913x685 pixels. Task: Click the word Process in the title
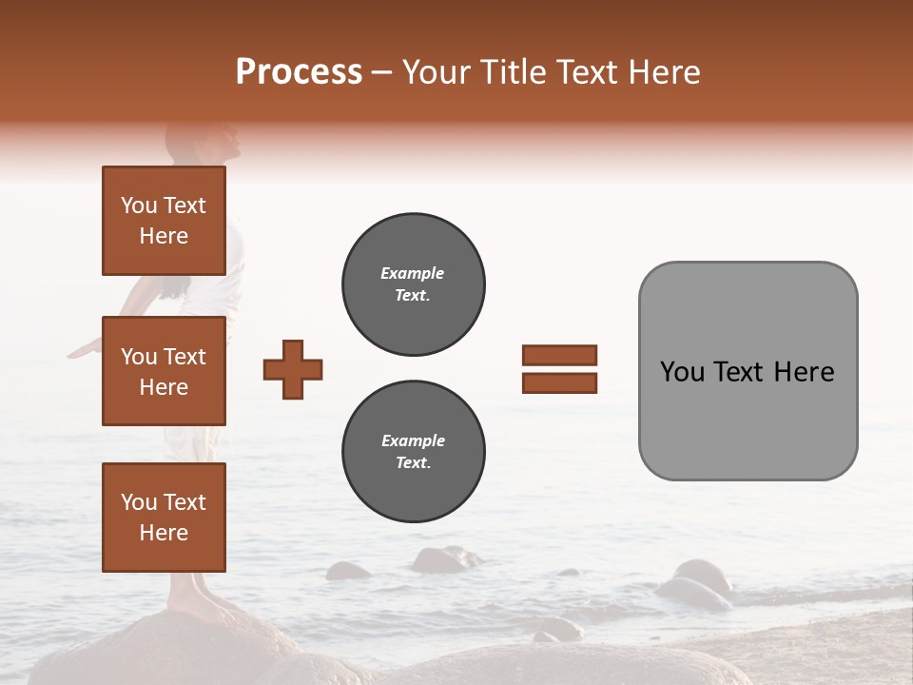299,72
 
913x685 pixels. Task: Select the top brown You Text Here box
164,221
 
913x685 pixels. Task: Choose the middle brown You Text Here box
164,371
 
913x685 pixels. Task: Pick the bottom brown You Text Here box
164,517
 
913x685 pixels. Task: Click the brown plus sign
293,369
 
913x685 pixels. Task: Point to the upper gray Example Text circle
413,284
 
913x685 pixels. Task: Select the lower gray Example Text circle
413,452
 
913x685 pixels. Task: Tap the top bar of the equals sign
559,356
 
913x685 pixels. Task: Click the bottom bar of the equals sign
559,383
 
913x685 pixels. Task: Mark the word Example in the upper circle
413,273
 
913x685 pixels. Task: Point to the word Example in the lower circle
413,440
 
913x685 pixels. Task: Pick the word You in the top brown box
138,205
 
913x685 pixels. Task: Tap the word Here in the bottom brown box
164,533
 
